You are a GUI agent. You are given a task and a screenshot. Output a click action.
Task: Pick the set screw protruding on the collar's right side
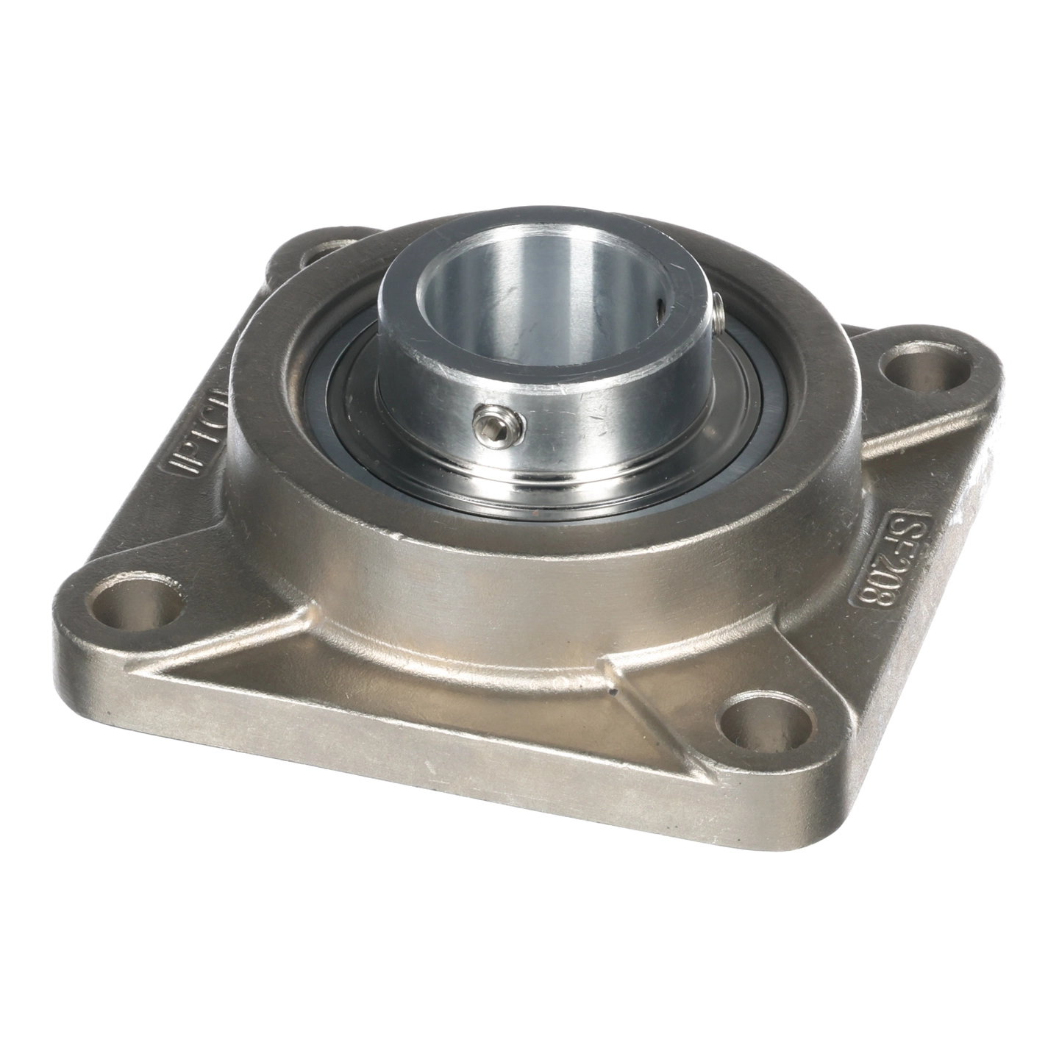pyautogui.click(x=720, y=308)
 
